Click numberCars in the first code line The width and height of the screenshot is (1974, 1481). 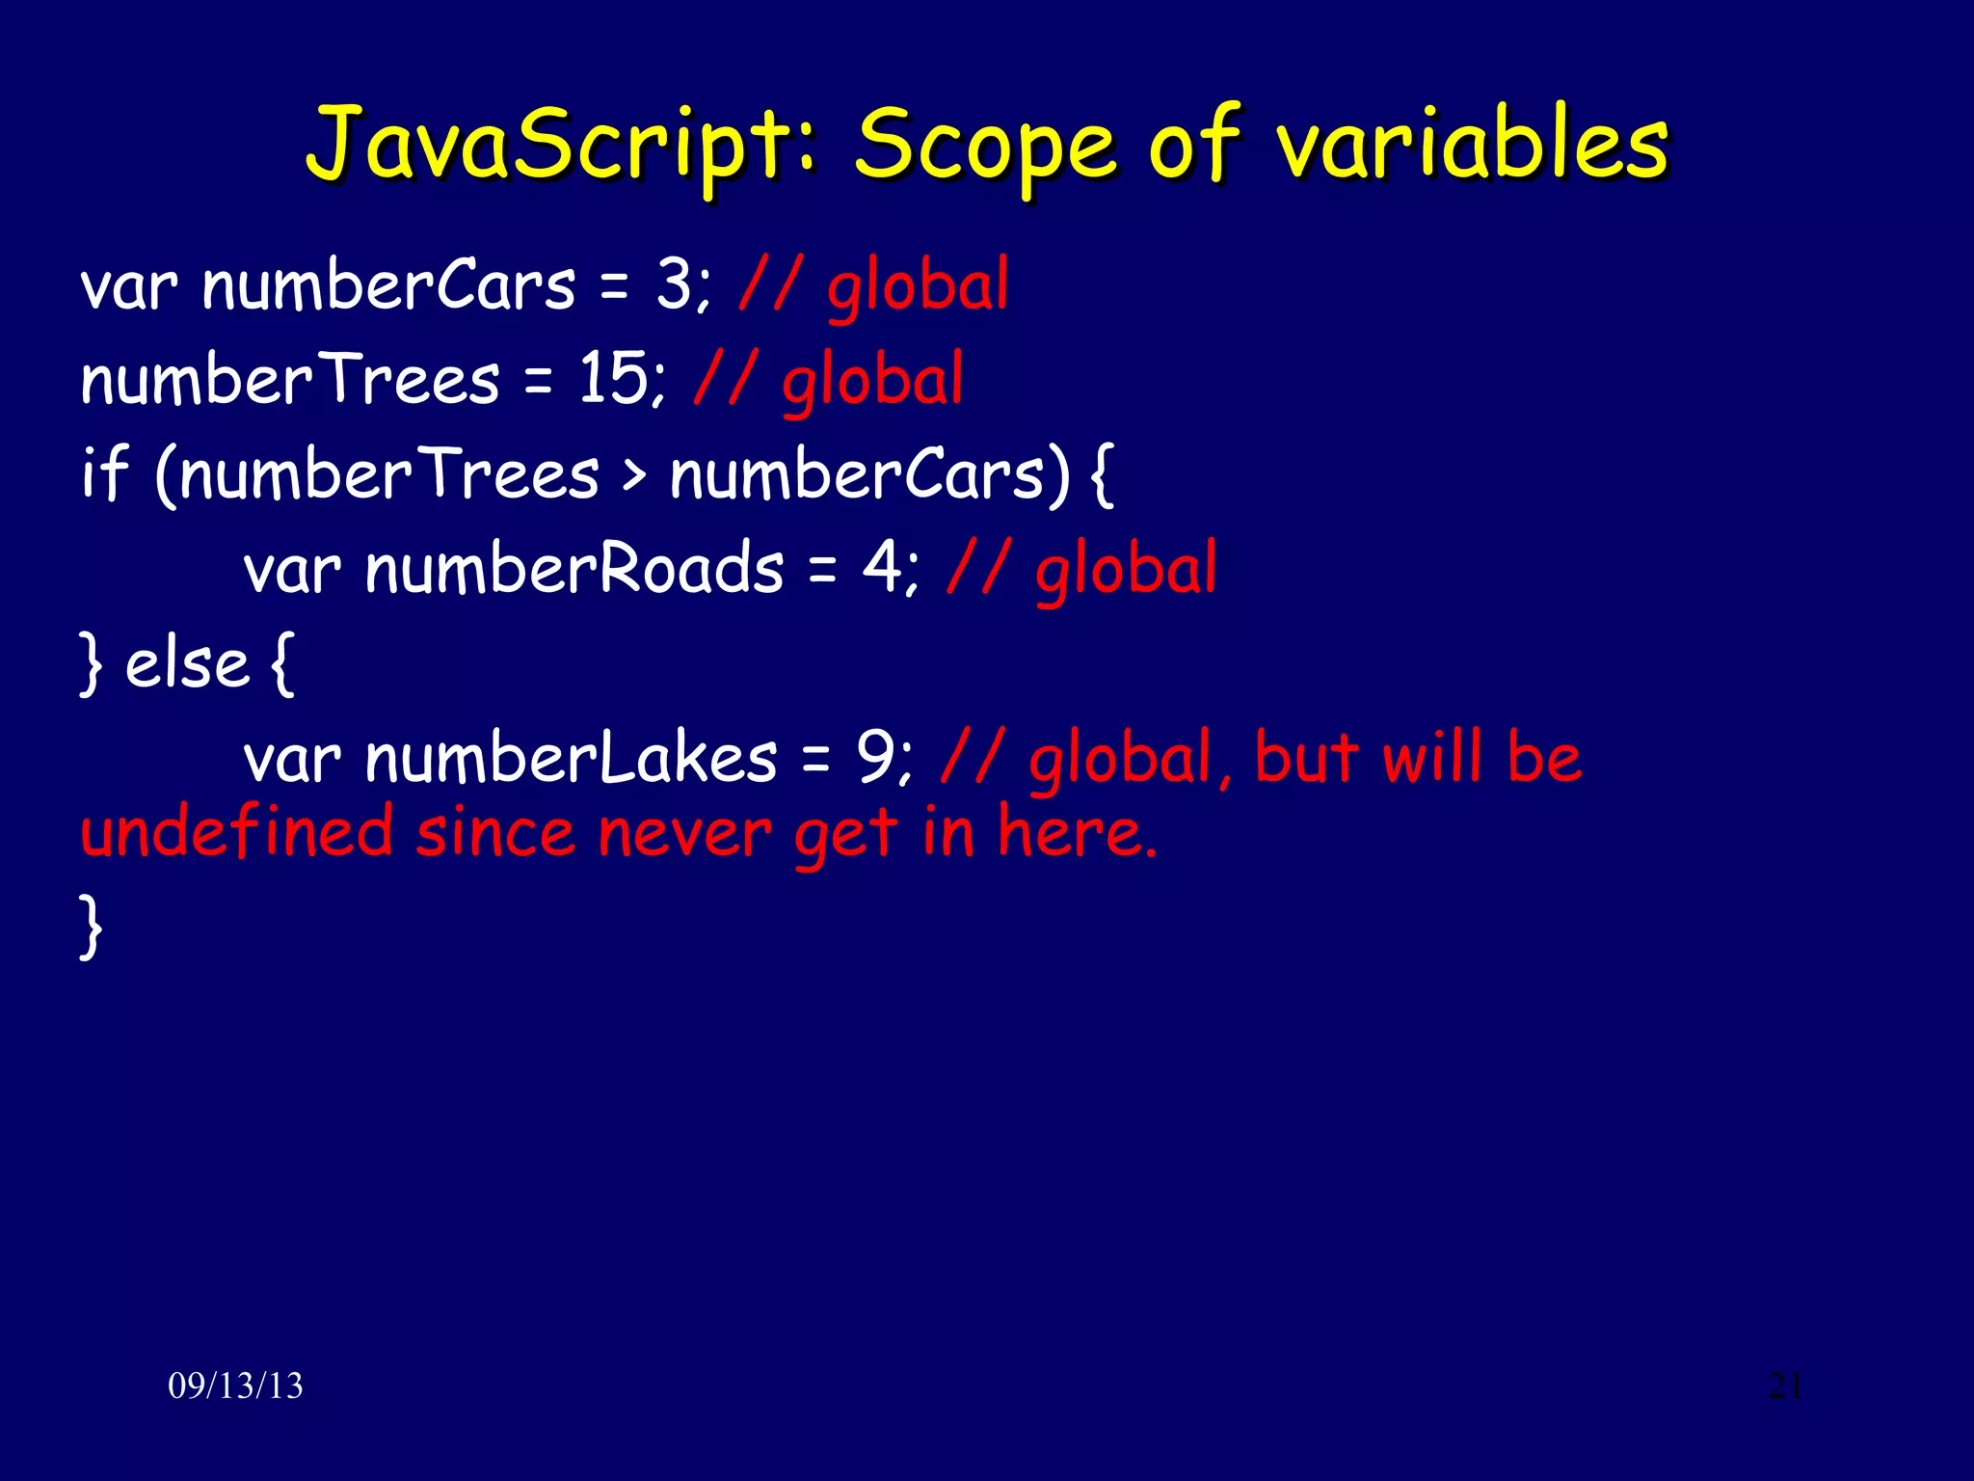pos(388,285)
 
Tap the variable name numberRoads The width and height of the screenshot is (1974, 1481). pos(574,568)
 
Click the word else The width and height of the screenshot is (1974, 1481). pos(187,664)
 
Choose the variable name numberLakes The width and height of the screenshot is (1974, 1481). pos(571,758)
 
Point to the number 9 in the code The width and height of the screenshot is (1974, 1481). pos(875,758)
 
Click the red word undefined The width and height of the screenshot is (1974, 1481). pos(236,832)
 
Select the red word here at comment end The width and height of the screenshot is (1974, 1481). pos(1075,832)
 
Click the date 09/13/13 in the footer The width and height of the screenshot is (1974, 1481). pos(235,1387)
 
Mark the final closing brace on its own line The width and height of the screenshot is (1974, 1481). pos(91,926)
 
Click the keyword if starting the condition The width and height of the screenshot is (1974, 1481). pos(104,473)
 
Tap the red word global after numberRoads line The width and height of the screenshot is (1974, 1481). pos(1126,570)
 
